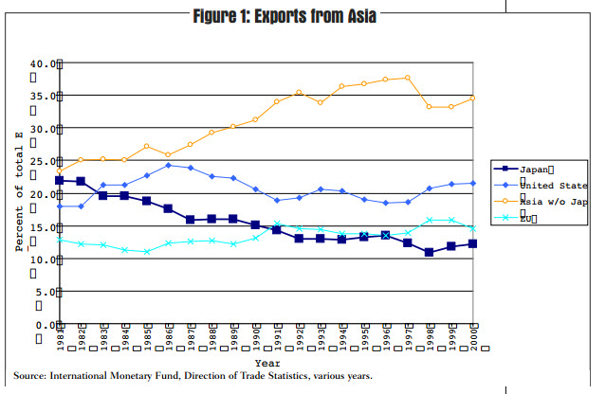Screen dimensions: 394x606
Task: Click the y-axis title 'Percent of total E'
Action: pyautogui.click(x=18, y=192)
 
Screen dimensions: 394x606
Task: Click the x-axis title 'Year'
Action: pyautogui.click(x=266, y=362)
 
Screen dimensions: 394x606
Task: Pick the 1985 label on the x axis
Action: pyautogui.click(x=147, y=337)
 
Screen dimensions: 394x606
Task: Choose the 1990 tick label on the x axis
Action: pyautogui.click(x=256, y=337)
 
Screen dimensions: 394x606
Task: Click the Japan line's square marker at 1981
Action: pyautogui.click(x=60, y=180)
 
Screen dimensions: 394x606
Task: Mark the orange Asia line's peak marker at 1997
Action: pyautogui.click(x=408, y=78)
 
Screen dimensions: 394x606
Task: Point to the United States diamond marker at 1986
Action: pyautogui.click(x=168, y=165)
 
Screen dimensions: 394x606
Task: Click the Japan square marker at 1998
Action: pyautogui.click(x=430, y=252)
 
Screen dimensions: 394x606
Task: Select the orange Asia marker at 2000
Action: pyautogui.click(x=473, y=98)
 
